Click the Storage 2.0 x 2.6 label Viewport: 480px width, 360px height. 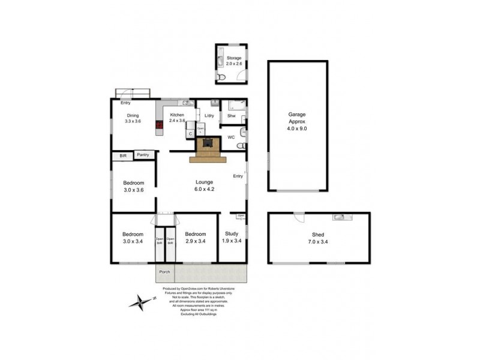click(x=230, y=61)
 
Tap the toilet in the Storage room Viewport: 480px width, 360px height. click(x=220, y=77)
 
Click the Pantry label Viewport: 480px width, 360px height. click(x=143, y=155)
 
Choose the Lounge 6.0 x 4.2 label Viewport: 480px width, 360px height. click(x=205, y=185)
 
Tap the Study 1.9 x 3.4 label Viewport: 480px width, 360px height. click(x=232, y=237)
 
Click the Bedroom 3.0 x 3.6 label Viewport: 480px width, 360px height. click(x=133, y=186)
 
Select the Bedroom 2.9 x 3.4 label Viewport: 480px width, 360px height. click(x=196, y=237)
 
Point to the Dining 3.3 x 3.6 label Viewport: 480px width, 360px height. click(x=133, y=118)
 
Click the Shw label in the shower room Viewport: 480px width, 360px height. click(x=231, y=116)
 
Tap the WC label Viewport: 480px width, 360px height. click(x=230, y=137)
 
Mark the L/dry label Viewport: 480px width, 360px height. click(x=209, y=116)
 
